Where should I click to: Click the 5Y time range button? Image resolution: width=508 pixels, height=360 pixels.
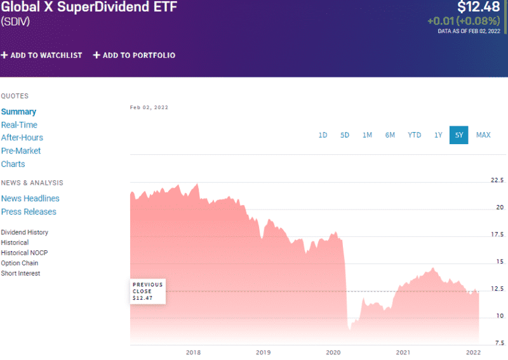pyautogui.click(x=458, y=135)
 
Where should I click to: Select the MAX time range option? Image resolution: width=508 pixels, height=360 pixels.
pyautogui.click(x=483, y=135)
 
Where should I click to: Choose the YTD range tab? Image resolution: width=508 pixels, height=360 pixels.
pyautogui.click(x=414, y=135)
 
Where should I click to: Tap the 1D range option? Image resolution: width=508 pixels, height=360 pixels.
pyautogui.click(x=323, y=135)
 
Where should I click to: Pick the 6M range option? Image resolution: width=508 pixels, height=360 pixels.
pyautogui.click(x=389, y=135)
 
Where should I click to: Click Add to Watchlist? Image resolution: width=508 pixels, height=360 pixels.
pyautogui.click(x=42, y=55)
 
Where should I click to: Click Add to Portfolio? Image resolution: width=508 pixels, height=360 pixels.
pyautogui.click(x=134, y=55)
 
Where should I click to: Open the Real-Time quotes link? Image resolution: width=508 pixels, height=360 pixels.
pyautogui.click(x=19, y=125)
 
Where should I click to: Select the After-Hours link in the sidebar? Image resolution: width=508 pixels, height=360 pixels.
pyautogui.click(x=22, y=138)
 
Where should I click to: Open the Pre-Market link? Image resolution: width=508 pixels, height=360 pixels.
pyautogui.click(x=21, y=151)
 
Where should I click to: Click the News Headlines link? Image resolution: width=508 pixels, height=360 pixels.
pyautogui.click(x=30, y=199)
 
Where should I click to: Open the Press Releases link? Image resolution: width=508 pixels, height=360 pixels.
pyautogui.click(x=29, y=212)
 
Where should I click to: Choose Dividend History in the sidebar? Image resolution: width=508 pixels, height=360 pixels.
pyautogui.click(x=25, y=232)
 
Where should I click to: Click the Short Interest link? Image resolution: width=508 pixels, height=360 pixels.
pyautogui.click(x=20, y=274)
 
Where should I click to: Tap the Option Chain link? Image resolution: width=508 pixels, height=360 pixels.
pyautogui.click(x=20, y=263)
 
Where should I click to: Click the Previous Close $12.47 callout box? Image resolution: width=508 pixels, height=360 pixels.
pyautogui.click(x=148, y=291)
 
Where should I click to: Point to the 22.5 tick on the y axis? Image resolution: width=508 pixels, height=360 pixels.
pyautogui.click(x=497, y=180)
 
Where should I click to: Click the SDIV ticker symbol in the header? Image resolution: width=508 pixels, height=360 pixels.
pyautogui.click(x=15, y=22)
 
